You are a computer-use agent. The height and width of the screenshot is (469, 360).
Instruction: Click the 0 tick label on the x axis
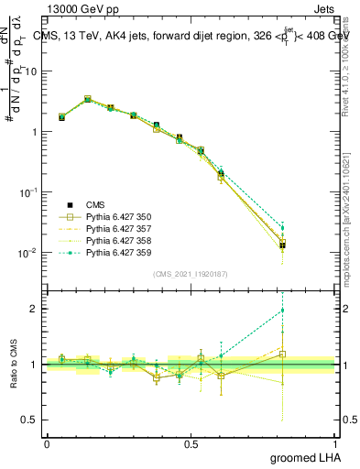(x=47, y=442)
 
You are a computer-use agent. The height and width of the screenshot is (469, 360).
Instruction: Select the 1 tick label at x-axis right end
(x=339, y=442)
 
